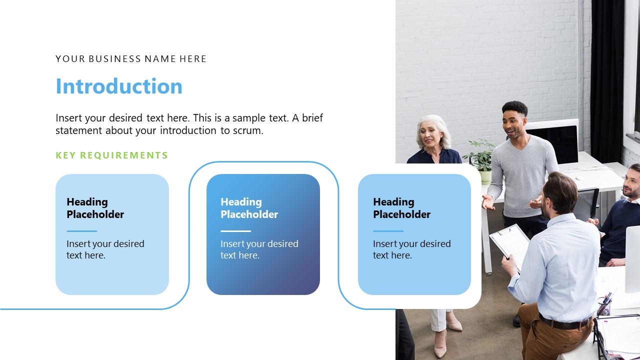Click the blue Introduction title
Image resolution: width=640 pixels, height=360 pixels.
click(x=119, y=86)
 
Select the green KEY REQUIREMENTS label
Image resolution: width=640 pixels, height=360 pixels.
click(x=112, y=155)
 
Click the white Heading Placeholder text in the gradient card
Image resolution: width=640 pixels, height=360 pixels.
click(x=249, y=208)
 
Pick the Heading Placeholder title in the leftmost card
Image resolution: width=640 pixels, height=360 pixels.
click(x=95, y=208)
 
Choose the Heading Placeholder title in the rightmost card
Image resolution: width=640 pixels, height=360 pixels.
click(x=401, y=208)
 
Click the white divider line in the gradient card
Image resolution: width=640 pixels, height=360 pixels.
click(x=235, y=231)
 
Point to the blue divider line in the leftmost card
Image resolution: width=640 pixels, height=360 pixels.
click(x=81, y=231)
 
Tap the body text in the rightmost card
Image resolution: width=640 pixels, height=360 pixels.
click(x=411, y=249)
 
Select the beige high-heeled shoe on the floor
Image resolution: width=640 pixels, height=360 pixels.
click(x=440, y=347)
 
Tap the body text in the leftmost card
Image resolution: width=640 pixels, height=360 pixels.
click(x=105, y=249)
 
